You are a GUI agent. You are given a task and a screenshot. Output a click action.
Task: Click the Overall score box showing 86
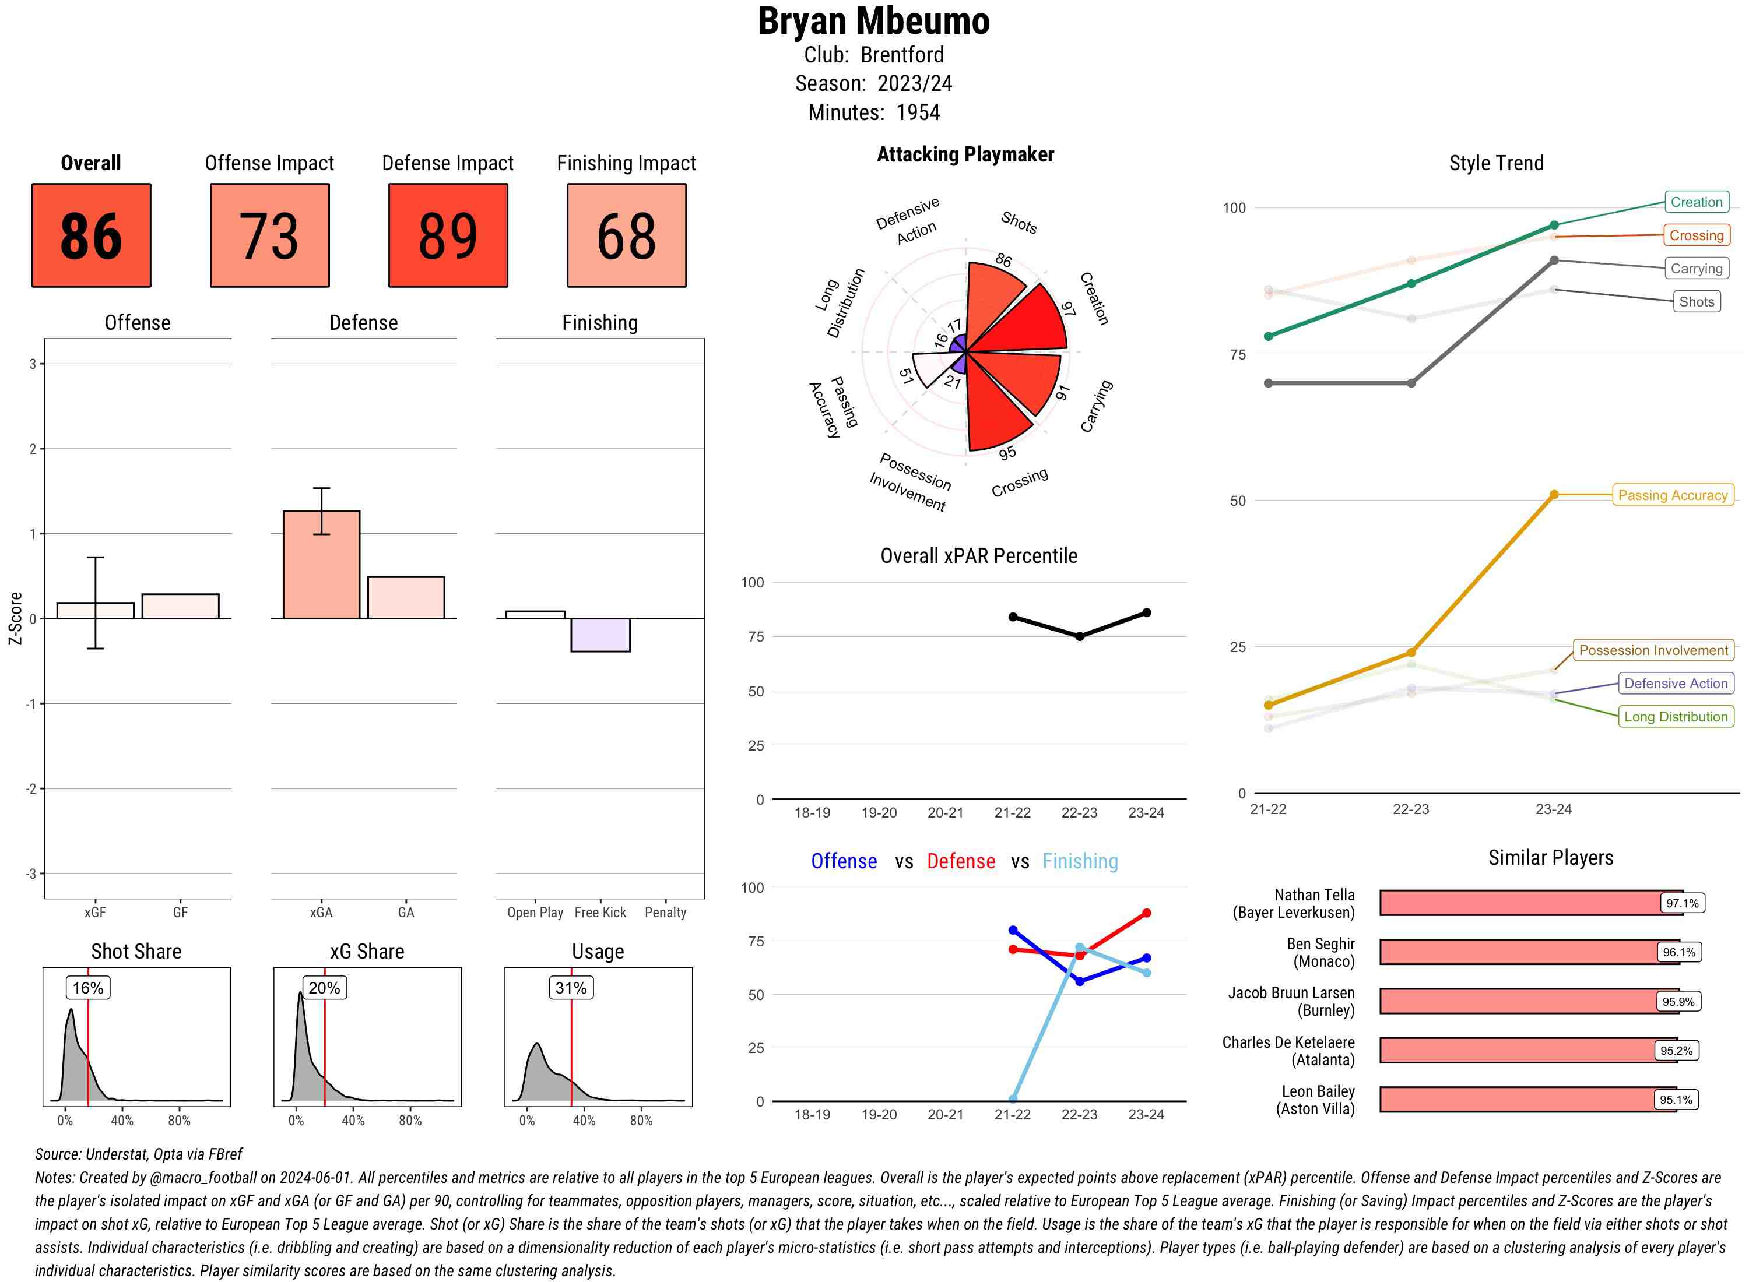[x=91, y=235]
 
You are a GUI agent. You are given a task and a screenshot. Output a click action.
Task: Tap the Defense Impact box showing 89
[x=448, y=235]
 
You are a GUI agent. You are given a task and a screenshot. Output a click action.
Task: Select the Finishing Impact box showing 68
[x=627, y=235]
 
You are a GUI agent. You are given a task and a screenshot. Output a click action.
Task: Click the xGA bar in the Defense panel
[x=321, y=565]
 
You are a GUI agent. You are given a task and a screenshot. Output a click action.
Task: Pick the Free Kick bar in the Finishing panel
[x=600, y=635]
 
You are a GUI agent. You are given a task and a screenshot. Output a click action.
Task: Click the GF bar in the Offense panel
[x=180, y=606]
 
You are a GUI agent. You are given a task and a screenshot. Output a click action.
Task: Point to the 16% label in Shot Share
[x=87, y=988]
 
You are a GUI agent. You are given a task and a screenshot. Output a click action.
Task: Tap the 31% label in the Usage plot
[x=571, y=988]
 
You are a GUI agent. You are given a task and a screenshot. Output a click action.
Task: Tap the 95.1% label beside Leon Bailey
[x=1676, y=1100]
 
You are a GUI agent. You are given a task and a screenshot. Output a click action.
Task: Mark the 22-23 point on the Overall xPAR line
[x=1079, y=636]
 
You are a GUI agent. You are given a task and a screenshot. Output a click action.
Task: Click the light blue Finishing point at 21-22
[x=1012, y=1099]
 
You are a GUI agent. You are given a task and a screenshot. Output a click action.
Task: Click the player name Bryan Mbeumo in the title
[x=873, y=22]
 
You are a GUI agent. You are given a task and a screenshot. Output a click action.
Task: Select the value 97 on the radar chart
[x=1068, y=309]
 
